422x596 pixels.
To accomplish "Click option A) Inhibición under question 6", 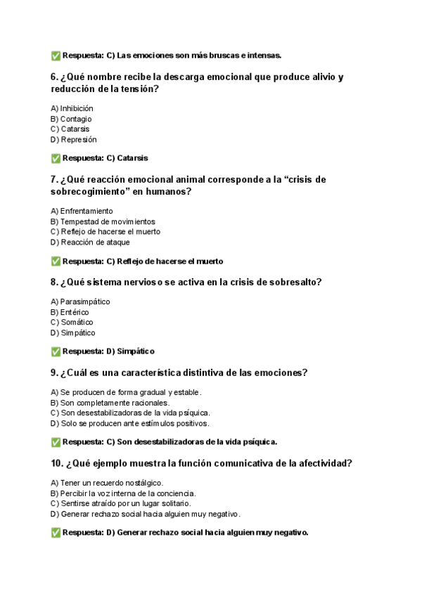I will [x=72, y=108].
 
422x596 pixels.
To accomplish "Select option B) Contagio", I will [x=71, y=119].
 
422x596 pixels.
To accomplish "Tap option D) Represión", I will [x=74, y=139].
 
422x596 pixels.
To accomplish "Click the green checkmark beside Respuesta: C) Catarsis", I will [x=56, y=158].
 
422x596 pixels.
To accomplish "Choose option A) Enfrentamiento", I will [x=82, y=211].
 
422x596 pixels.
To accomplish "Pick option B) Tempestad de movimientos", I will [x=103, y=221].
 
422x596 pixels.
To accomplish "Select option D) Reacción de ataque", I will [x=90, y=242].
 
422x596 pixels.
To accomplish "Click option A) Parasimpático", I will [x=80, y=302].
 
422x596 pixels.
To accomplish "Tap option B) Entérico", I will [x=70, y=312].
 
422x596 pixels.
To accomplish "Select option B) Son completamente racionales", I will [x=110, y=403].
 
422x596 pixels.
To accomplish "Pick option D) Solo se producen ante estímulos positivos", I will [x=129, y=423].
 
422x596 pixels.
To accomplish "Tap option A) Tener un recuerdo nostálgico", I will [x=107, y=483].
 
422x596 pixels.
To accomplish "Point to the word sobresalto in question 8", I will [x=293, y=283].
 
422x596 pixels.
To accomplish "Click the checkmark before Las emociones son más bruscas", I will [x=56, y=56].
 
